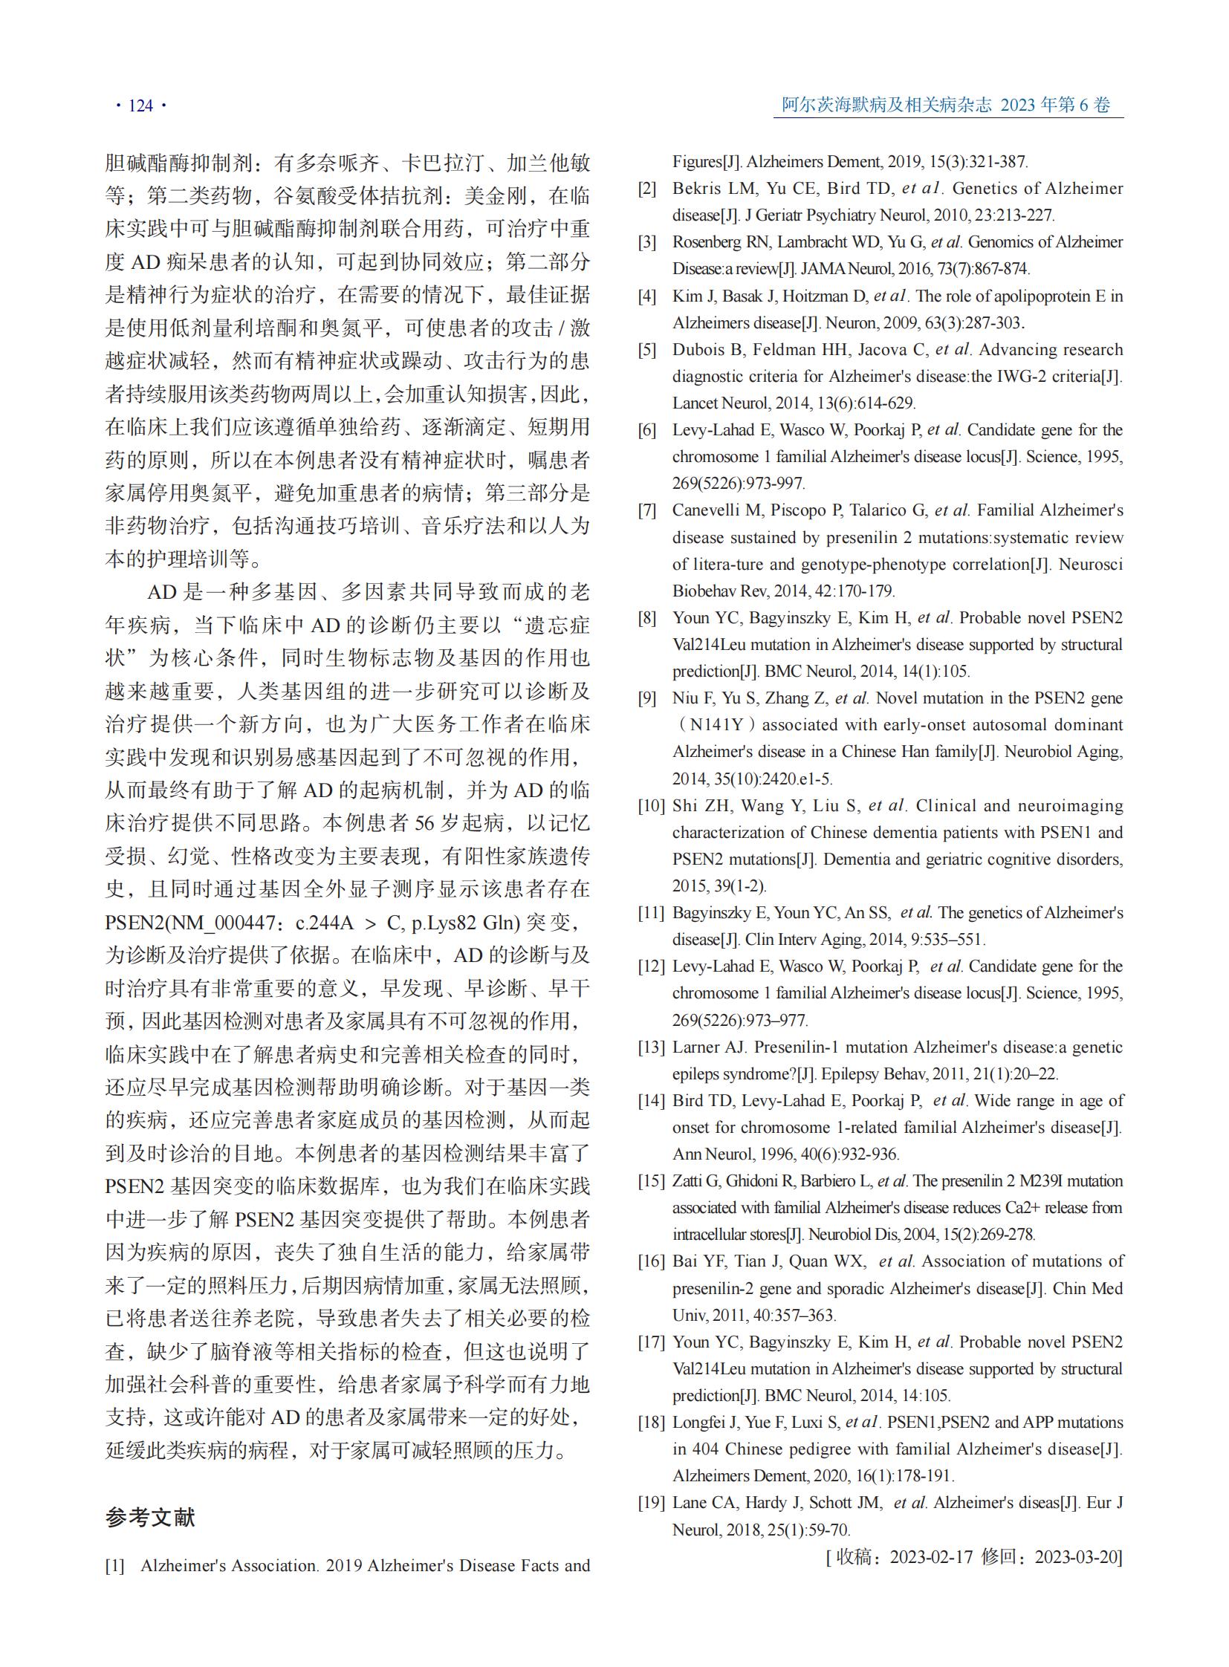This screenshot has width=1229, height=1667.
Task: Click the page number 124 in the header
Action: tap(140, 105)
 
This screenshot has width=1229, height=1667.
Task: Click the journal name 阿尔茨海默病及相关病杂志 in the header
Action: tap(886, 105)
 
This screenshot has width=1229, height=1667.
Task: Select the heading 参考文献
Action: tap(150, 1518)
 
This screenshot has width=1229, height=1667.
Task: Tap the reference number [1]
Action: tap(114, 1566)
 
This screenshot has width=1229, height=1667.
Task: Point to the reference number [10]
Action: tap(651, 805)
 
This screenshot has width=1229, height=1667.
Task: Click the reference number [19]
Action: tap(651, 1503)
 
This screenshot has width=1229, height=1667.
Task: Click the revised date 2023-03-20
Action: tap(1077, 1557)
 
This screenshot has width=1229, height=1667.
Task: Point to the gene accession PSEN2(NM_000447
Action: tap(194, 923)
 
